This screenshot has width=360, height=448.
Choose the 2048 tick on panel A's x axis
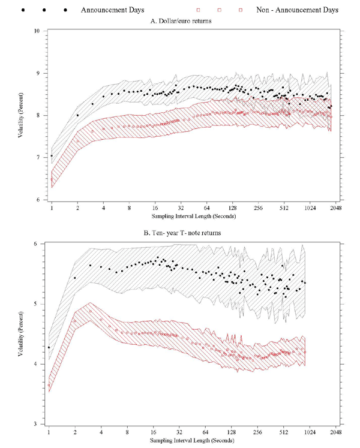tap(335, 208)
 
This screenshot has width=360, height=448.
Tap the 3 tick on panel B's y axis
tap(37, 424)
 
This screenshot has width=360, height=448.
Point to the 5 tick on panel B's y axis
tap(37, 304)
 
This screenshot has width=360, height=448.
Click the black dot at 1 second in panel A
tap(52, 156)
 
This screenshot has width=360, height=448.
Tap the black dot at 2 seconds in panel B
tap(75, 278)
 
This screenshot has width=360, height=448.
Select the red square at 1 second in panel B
tap(49, 385)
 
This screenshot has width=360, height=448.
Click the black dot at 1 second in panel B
tap(49, 347)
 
